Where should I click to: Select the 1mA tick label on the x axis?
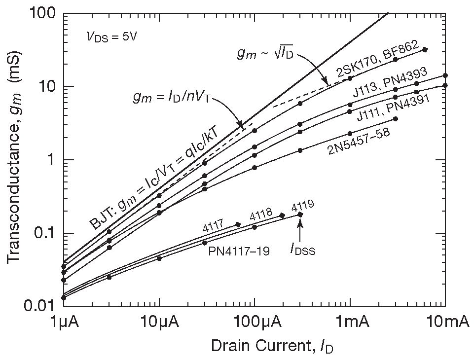[x=350, y=324]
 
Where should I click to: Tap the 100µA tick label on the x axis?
[x=255, y=324]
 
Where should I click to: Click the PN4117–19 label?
[x=239, y=252]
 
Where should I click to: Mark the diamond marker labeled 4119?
[x=300, y=215]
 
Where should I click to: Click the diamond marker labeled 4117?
[x=237, y=224]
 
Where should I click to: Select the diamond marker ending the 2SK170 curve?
[x=425, y=49]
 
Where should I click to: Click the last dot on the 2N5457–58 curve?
[x=396, y=119]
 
